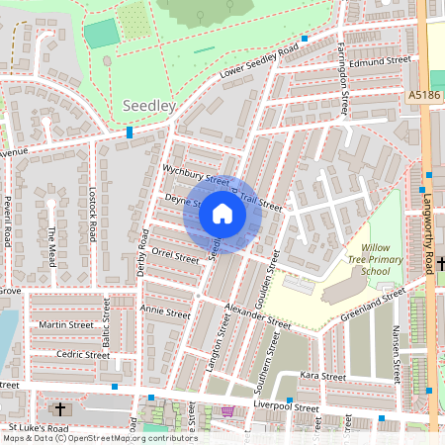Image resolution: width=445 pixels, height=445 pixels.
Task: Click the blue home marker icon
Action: click(222, 214)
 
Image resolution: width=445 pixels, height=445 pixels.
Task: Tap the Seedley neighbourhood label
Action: click(149, 105)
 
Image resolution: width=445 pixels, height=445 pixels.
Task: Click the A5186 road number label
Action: click(425, 96)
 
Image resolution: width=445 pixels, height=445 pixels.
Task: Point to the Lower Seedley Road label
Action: click(259, 61)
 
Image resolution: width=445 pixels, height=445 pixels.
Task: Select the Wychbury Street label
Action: click(195, 174)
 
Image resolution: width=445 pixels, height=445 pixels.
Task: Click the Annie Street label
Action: click(164, 311)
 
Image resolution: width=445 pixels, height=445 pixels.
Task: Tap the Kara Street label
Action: click(323, 377)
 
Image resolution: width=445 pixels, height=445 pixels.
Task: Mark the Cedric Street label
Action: click(83, 354)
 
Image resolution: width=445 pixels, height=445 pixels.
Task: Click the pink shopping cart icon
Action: click(229, 411)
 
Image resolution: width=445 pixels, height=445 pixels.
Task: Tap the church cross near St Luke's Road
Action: click(60, 408)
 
